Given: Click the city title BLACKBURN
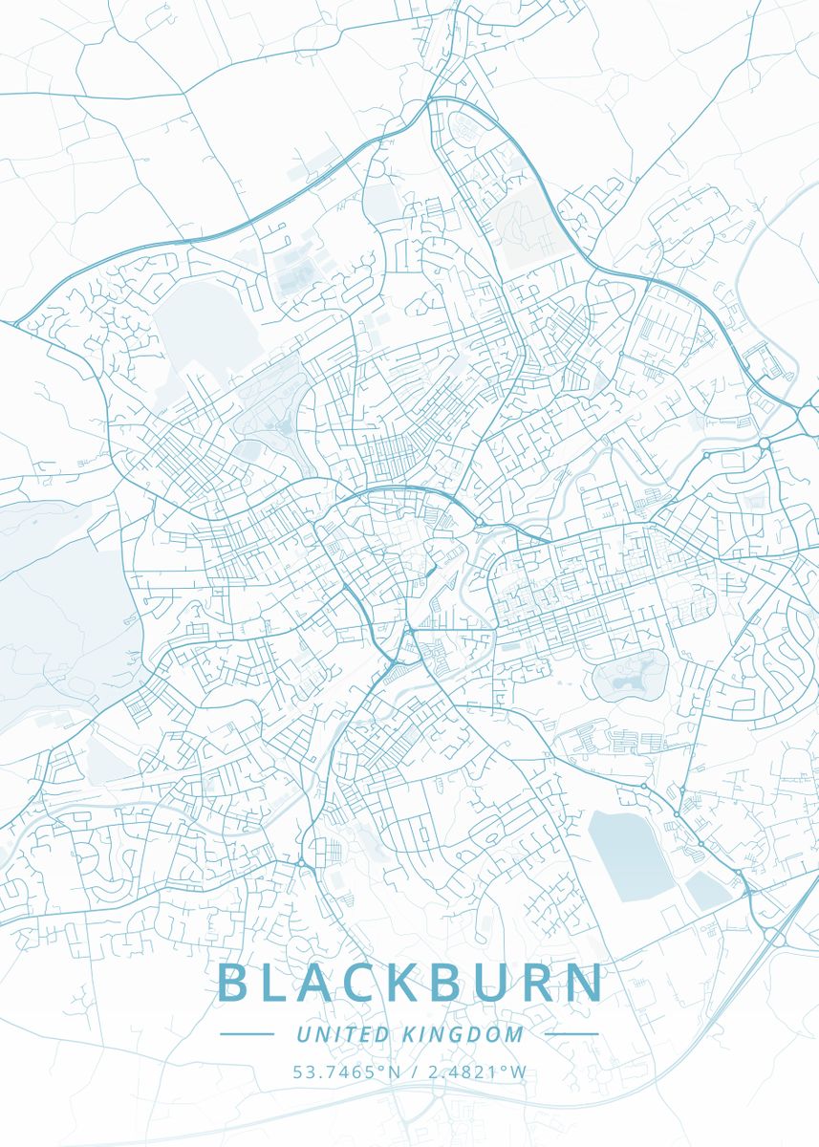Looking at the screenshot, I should [x=411, y=983].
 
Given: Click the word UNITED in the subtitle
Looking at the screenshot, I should [x=342, y=1034].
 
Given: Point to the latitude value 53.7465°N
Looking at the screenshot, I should [x=347, y=1072].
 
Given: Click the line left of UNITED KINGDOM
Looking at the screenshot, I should [x=247, y=1034].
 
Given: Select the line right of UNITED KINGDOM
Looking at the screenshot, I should [x=571, y=1034].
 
